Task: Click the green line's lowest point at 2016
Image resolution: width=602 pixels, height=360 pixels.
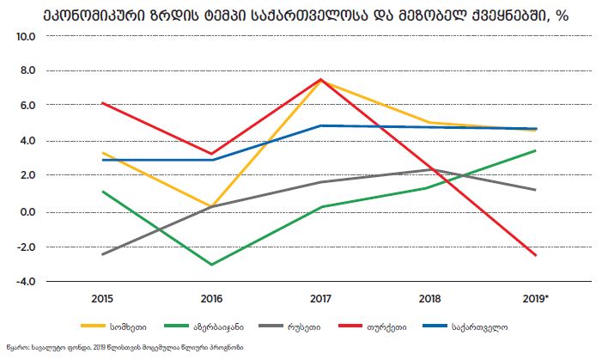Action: coord(211,265)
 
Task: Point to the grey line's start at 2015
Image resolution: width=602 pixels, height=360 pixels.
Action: coord(102,254)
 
